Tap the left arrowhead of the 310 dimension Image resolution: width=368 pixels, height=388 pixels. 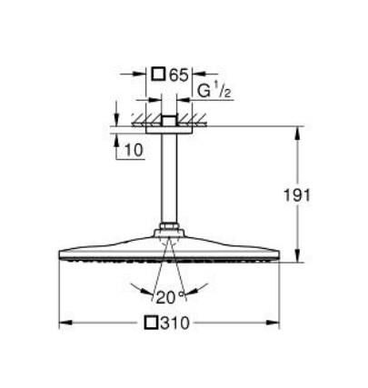pyautogui.click(x=63, y=323)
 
